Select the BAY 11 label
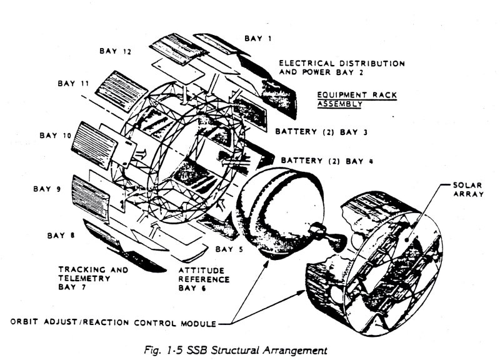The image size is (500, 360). click(x=72, y=82)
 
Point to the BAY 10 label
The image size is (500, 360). click(x=55, y=134)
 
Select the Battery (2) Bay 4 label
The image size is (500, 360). click(x=327, y=161)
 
